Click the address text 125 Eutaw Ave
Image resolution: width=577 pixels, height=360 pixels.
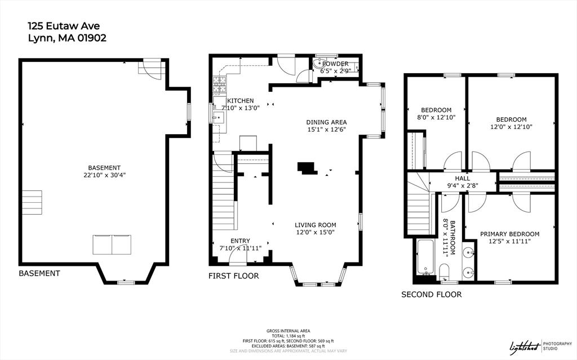point(64,26)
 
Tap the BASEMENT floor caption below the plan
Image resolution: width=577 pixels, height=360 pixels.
point(39,273)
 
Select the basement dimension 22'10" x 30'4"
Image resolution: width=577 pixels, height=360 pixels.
point(104,175)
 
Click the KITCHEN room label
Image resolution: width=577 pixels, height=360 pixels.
point(240,100)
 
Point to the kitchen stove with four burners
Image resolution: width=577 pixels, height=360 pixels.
point(220,85)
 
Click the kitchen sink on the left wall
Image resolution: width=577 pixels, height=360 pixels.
point(219,117)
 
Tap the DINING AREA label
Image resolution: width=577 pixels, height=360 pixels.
point(326,122)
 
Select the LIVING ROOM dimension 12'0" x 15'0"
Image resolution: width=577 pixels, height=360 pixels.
point(316,232)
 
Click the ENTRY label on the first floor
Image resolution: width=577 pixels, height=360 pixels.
point(240,241)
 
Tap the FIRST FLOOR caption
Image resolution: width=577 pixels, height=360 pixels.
point(234,275)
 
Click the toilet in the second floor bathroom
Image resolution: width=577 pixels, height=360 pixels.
point(444,272)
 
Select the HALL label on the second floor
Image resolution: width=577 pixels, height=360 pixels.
point(462,179)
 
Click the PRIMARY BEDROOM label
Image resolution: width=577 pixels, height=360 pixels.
point(509,234)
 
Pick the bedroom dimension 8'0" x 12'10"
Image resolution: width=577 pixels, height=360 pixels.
point(436,117)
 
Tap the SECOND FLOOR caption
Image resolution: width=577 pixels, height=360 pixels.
point(431,295)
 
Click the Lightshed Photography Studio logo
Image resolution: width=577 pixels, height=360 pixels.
point(540,346)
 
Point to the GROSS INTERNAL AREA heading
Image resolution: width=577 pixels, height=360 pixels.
point(288,331)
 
